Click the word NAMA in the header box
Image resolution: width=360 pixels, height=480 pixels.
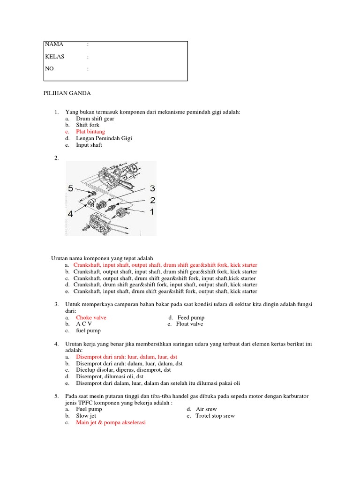pyautogui.click(x=54, y=44)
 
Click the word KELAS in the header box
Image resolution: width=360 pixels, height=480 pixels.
pyautogui.click(x=54, y=56)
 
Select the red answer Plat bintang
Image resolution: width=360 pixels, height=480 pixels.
pyautogui.click(x=90, y=132)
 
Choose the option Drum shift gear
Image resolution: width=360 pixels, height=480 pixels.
pyautogui.click(x=95, y=119)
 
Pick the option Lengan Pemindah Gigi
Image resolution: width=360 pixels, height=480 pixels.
pyautogui.click(x=104, y=138)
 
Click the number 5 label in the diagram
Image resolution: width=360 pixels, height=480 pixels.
pyautogui.click(x=70, y=189)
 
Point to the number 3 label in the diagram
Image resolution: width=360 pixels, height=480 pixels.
pyautogui.click(x=152, y=188)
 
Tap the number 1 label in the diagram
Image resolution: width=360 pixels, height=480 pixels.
pyautogui.click(x=151, y=212)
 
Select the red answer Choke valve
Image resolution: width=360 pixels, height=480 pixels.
pyautogui.click(x=91, y=317)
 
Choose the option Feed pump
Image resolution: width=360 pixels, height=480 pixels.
pyautogui.click(x=191, y=317)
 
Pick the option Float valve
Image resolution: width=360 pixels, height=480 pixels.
pyautogui.click(x=189, y=324)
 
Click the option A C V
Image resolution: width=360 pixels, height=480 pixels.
pyautogui.click(x=84, y=324)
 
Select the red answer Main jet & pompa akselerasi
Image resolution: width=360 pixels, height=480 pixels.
pyautogui.click(x=111, y=422)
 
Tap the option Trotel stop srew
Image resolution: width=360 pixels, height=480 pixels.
pyautogui.click(x=215, y=416)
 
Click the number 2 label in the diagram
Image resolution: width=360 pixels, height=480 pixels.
pyautogui.click(x=152, y=200)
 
